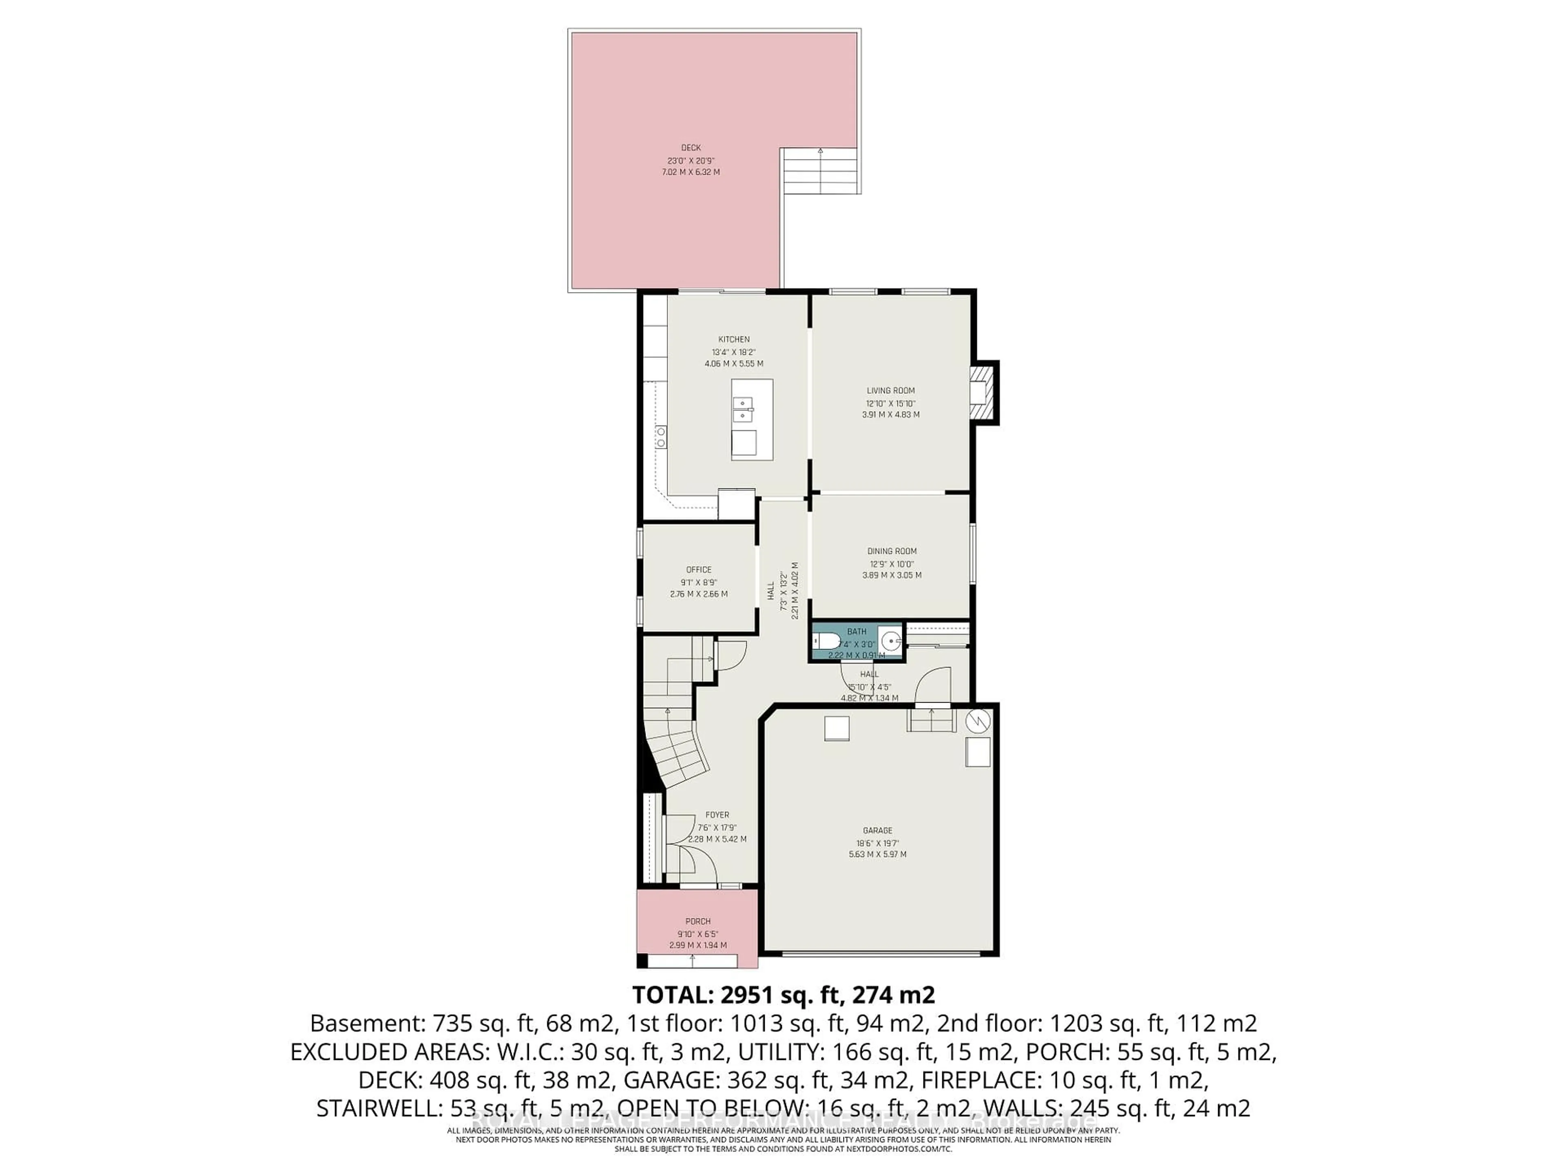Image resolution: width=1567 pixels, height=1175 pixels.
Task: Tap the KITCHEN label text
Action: [x=734, y=339]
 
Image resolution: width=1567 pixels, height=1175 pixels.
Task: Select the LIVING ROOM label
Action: [x=890, y=390]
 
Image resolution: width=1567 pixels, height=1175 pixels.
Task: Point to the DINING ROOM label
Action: [x=892, y=551]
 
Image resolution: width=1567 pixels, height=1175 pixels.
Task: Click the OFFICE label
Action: [x=699, y=570]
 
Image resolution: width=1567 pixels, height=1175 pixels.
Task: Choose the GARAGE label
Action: [x=878, y=830]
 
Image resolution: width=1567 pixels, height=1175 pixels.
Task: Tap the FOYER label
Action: [x=717, y=814]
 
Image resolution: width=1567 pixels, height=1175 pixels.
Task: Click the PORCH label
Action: [x=698, y=922]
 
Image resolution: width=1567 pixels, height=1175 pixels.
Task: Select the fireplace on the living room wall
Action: [x=982, y=393]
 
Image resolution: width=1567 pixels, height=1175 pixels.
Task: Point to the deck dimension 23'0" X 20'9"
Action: [x=691, y=160]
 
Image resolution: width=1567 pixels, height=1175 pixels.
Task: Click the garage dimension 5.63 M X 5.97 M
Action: [x=878, y=854]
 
